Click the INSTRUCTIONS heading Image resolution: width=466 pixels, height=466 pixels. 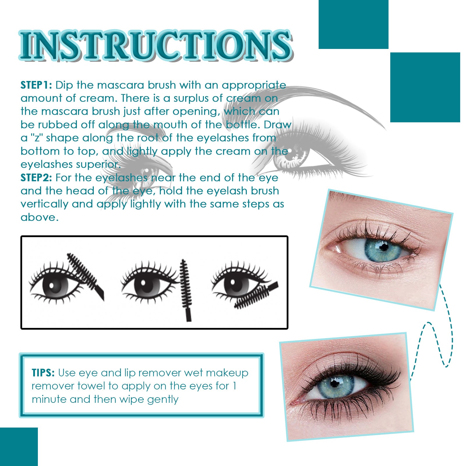pos(156,45)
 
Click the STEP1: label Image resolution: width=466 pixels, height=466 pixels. pos(36,85)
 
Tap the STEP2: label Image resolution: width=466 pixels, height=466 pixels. pos(36,177)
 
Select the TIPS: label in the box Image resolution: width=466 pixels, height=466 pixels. pos(43,373)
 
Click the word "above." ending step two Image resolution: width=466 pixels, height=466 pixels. pos(40,217)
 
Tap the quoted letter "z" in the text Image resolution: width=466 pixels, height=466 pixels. pos(37,138)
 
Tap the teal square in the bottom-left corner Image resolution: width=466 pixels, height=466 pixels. pos(19,446)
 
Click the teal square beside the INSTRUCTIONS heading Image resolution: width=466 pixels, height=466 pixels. pos(353,24)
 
